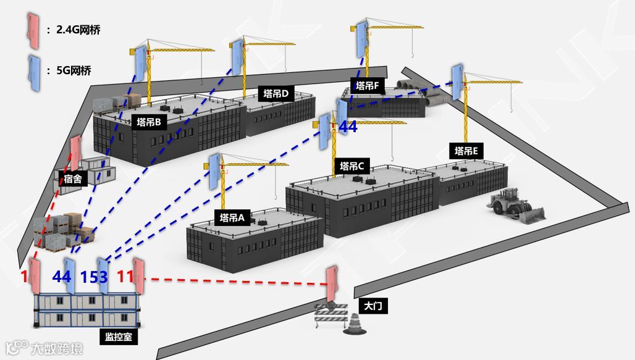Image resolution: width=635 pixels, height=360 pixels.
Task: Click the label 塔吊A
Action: click(x=233, y=217)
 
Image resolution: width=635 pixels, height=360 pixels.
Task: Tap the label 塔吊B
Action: click(x=149, y=122)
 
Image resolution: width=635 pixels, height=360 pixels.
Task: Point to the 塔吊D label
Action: click(x=276, y=94)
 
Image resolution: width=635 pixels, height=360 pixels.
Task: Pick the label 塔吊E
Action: click(x=466, y=151)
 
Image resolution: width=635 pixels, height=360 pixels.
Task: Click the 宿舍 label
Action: click(x=72, y=179)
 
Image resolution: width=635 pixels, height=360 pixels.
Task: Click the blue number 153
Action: click(x=94, y=278)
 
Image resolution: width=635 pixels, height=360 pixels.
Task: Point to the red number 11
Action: click(x=125, y=277)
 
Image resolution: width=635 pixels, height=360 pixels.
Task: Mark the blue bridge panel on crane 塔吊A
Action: click(x=214, y=172)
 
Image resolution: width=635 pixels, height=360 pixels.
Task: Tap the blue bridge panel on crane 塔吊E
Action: click(x=457, y=82)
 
